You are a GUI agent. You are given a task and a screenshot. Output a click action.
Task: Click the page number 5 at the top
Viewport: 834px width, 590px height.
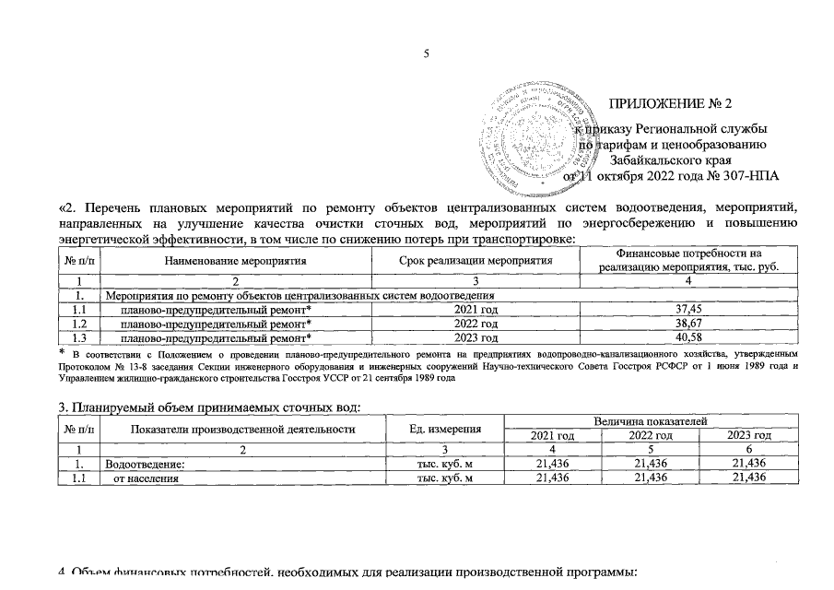pos(427,53)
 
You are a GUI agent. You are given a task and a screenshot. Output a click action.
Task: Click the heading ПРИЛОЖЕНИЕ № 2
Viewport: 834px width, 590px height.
pos(670,102)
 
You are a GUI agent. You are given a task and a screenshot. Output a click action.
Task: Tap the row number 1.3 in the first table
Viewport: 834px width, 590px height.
pos(79,337)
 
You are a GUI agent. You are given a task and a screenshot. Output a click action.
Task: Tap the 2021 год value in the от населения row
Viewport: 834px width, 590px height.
pos(554,478)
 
